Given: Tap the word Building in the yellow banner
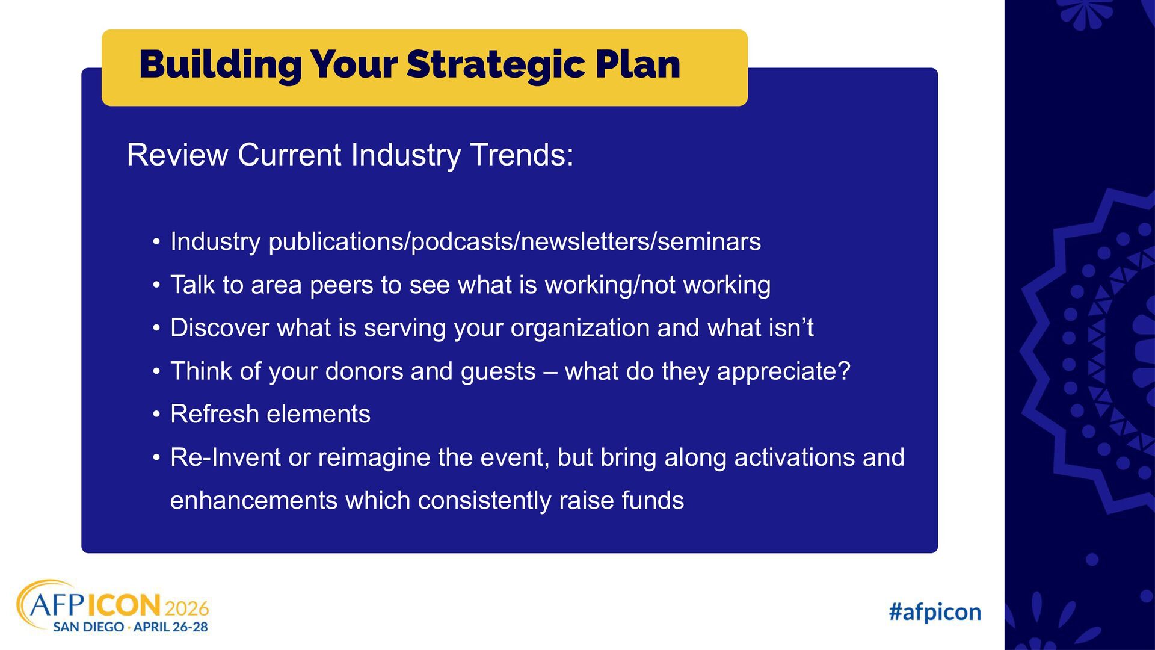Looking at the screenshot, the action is pos(220,65).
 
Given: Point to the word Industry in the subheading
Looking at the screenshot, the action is pos(406,156).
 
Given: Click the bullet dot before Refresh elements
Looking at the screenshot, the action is pos(156,415).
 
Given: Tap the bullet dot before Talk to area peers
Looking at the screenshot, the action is pos(156,285).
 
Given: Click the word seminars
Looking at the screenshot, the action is pos(709,242).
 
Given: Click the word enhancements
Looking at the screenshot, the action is pos(254,501).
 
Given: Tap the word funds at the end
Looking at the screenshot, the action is pos(653,501).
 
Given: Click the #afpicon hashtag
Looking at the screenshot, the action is pos(935,613).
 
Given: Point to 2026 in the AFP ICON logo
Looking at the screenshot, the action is pos(186,608).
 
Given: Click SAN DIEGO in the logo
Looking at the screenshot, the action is pos(88,627).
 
